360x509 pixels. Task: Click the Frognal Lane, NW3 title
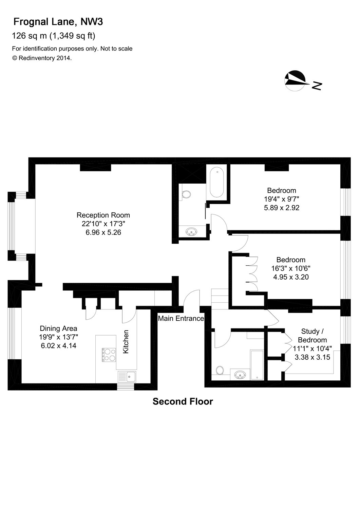click(58, 22)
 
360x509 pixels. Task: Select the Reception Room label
click(103, 215)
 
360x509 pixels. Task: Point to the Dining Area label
click(58, 328)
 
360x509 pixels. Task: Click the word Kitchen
click(126, 342)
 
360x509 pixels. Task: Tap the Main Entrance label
click(181, 318)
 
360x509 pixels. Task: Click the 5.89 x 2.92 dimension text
click(282, 208)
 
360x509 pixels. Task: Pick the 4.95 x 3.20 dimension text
click(291, 277)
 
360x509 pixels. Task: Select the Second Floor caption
click(183, 402)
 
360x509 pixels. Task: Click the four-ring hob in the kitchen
click(108, 354)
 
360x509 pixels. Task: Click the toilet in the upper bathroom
click(186, 194)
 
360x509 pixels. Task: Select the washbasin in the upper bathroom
click(191, 231)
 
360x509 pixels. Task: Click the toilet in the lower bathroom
click(220, 370)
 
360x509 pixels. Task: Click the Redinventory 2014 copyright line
click(42, 58)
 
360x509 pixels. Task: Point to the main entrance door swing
click(191, 298)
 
